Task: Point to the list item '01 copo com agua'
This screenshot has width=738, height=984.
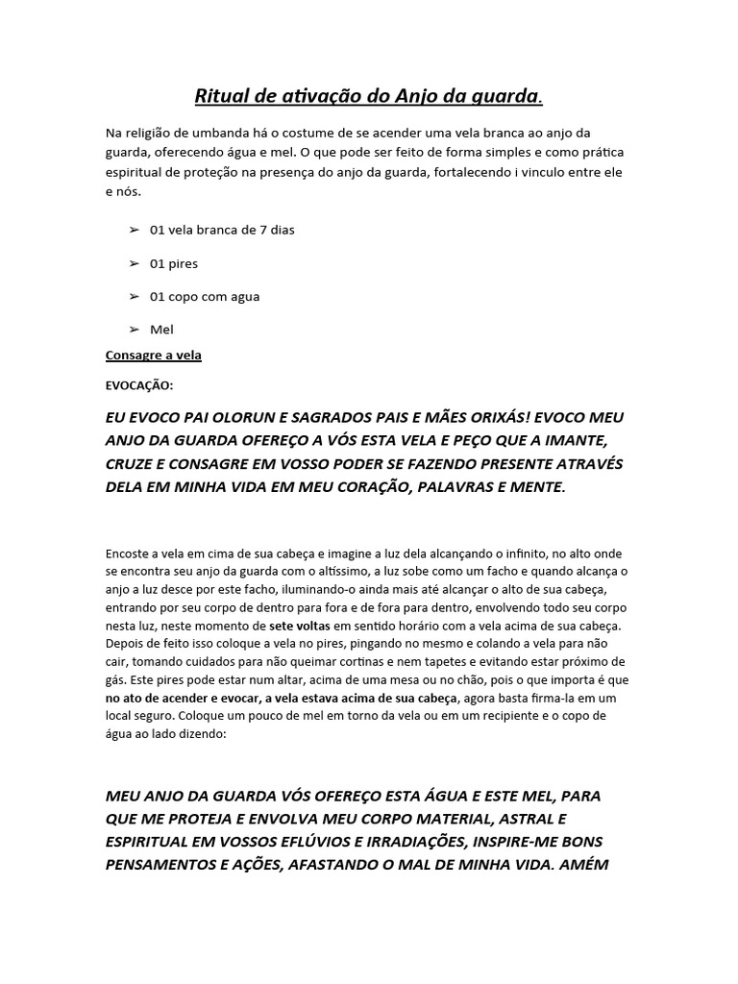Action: (x=204, y=296)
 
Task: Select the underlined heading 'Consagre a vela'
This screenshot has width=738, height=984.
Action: (x=153, y=356)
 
